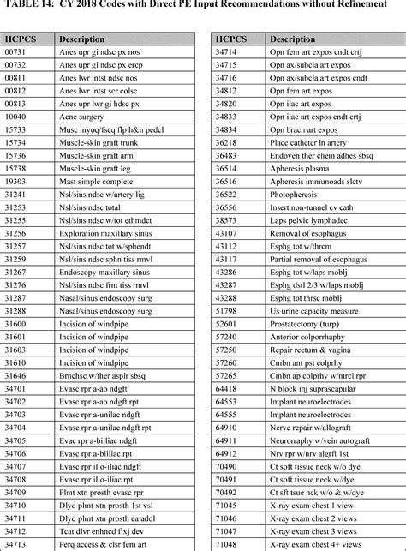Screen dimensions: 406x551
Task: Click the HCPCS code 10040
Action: point(15,117)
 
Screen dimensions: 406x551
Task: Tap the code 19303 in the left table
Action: point(15,182)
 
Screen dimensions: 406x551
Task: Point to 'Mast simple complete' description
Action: point(97,182)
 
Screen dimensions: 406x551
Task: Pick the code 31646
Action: point(15,375)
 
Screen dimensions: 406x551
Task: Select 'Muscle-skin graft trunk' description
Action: point(101,142)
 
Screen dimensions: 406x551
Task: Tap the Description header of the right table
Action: point(292,39)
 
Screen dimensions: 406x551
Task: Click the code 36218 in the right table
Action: point(225,142)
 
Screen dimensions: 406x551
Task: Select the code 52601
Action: point(225,324)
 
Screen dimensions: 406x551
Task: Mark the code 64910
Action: point(225,427)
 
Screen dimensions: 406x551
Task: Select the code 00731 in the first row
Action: point(15,52)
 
